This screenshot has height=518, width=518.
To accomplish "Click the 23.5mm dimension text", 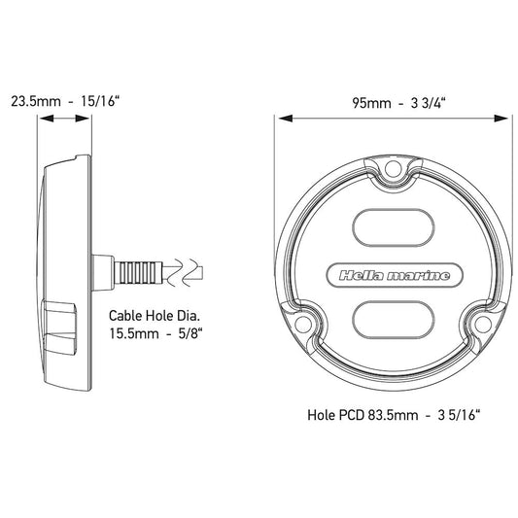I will tap(32, 101).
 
